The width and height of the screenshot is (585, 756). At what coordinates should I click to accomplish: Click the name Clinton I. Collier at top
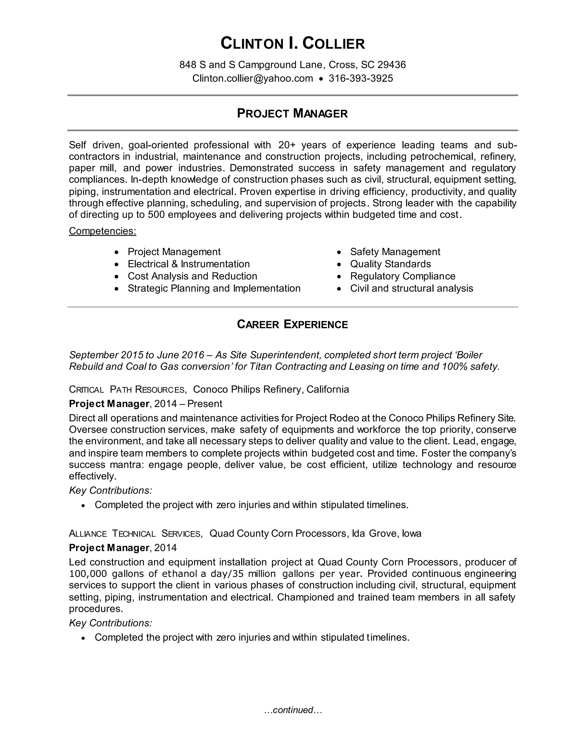(x=292, y=44)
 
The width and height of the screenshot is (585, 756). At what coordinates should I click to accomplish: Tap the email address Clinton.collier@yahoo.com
(x=252, y=78)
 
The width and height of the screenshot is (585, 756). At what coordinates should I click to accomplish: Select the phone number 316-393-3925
(x=360, y=78)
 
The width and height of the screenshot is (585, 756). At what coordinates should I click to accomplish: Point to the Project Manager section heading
(x=292, y=114)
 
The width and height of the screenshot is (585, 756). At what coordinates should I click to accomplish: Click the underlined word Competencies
(x=102, y=231)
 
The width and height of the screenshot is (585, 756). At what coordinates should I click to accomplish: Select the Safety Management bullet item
(x=395, y=252)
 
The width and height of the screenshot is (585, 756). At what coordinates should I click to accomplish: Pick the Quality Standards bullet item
(x=390, y=264)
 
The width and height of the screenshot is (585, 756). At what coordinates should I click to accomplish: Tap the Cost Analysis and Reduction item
(x=192, y=276)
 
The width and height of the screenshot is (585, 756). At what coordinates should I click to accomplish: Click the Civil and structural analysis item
(x=411, y=288)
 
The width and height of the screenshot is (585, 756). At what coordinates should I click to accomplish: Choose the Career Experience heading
(x=292, y=324)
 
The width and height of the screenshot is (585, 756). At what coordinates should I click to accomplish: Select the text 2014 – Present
(x=188, y=404)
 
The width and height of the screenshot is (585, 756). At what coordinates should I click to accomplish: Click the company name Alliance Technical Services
(x=135, y=533)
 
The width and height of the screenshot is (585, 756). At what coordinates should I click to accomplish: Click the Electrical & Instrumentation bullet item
(x=189, y=264)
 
